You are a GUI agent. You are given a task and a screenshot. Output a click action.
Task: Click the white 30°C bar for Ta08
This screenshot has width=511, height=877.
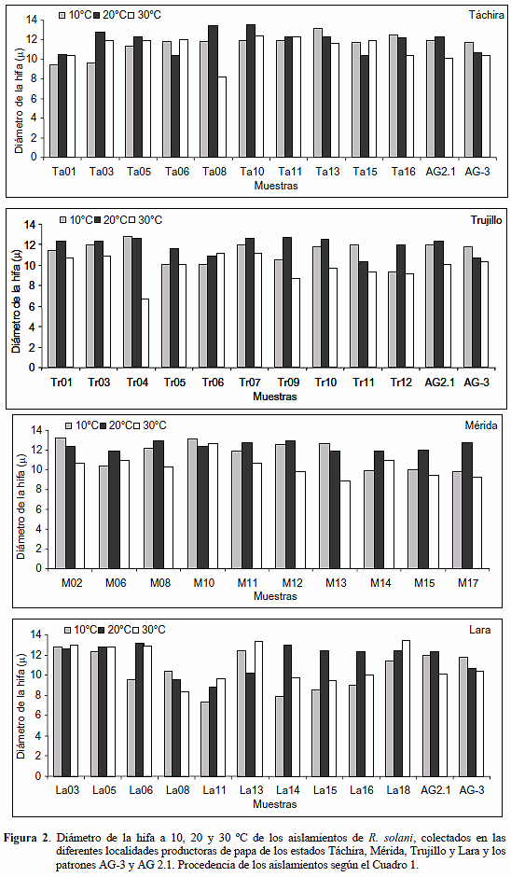click(222, 117)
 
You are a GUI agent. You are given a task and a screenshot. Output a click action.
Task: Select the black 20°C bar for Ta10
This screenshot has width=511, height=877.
click(251, 90)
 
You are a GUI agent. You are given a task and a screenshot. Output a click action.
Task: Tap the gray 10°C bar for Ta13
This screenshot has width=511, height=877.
click(318, 93)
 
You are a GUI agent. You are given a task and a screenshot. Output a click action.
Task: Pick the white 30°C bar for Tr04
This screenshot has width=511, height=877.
click(145, 333)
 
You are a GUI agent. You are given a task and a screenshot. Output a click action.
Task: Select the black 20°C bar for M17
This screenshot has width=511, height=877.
click(467, 505)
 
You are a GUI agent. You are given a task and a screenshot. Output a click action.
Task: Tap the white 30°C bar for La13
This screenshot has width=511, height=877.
click(258, 709)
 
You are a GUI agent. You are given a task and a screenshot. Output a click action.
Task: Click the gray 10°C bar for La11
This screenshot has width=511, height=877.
click(206, 739)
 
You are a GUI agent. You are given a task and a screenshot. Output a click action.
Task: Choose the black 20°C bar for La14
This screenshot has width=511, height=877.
click(287, 710)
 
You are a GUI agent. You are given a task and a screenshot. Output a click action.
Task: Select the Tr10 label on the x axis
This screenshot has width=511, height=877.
click(325, 383)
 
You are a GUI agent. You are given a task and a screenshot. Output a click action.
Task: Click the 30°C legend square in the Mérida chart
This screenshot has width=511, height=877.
click(132, 425)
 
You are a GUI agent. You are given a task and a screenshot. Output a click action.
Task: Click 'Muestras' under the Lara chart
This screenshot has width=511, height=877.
click(275, 804)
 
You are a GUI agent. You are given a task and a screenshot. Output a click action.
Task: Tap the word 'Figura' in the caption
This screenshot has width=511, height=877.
click(21, 838)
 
